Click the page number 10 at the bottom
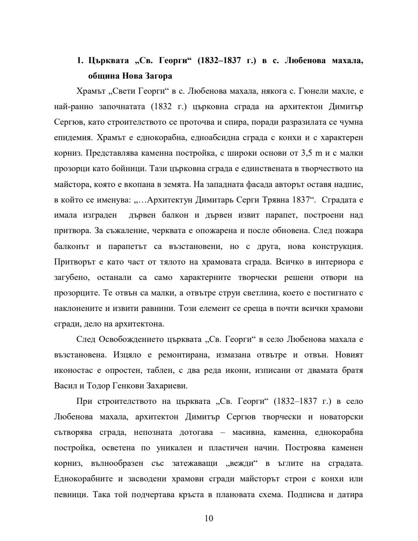click(x=209, y=519)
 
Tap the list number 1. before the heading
click(x=80, y=60)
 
